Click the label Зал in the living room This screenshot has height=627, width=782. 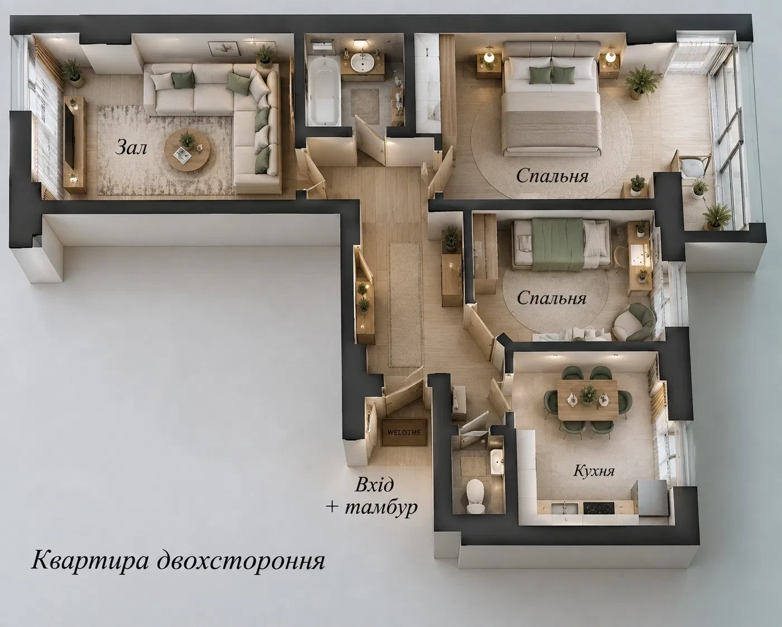131,148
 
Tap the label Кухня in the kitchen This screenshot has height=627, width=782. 594,471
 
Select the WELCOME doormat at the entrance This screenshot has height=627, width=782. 404,432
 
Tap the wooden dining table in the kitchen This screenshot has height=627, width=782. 587,399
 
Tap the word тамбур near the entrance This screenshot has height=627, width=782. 380,508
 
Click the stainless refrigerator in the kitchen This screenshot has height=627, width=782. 650,497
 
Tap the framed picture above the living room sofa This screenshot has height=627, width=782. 223,49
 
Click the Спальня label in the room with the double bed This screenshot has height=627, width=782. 552,176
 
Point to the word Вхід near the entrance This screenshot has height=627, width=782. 374,485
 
